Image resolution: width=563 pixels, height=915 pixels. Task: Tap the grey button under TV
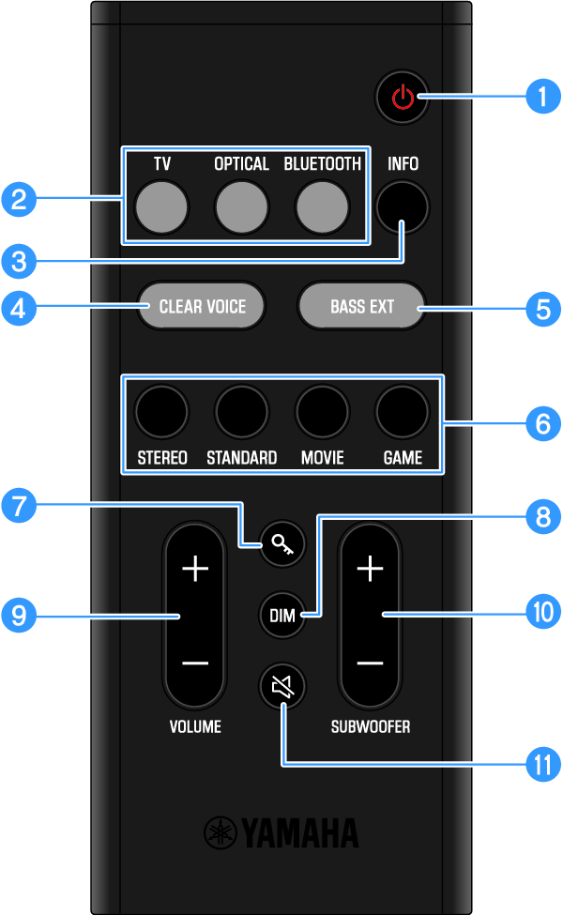tap(161, 206)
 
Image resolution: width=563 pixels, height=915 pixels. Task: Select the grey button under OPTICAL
tap(241, 206)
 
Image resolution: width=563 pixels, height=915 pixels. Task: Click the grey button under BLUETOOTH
tap(322, 206)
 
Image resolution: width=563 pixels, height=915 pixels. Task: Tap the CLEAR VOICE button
tap(202, 306)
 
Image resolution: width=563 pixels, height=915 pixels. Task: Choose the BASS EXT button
tap(361, 306)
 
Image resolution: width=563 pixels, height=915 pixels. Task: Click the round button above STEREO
tap(161, 410)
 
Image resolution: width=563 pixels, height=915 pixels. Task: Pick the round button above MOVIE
tap(322, 410)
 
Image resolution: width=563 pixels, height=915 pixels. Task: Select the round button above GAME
tap(402, 410)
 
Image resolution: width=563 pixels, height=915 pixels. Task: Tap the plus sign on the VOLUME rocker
tap(194, 569)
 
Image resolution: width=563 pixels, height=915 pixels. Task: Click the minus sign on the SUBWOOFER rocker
tap(370, 663)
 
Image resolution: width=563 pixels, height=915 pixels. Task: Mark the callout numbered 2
tap(19, 199)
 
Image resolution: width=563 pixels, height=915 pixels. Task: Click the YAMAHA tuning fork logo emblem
tap(221, 832)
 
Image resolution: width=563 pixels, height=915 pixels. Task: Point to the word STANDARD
tap(241, 459)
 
